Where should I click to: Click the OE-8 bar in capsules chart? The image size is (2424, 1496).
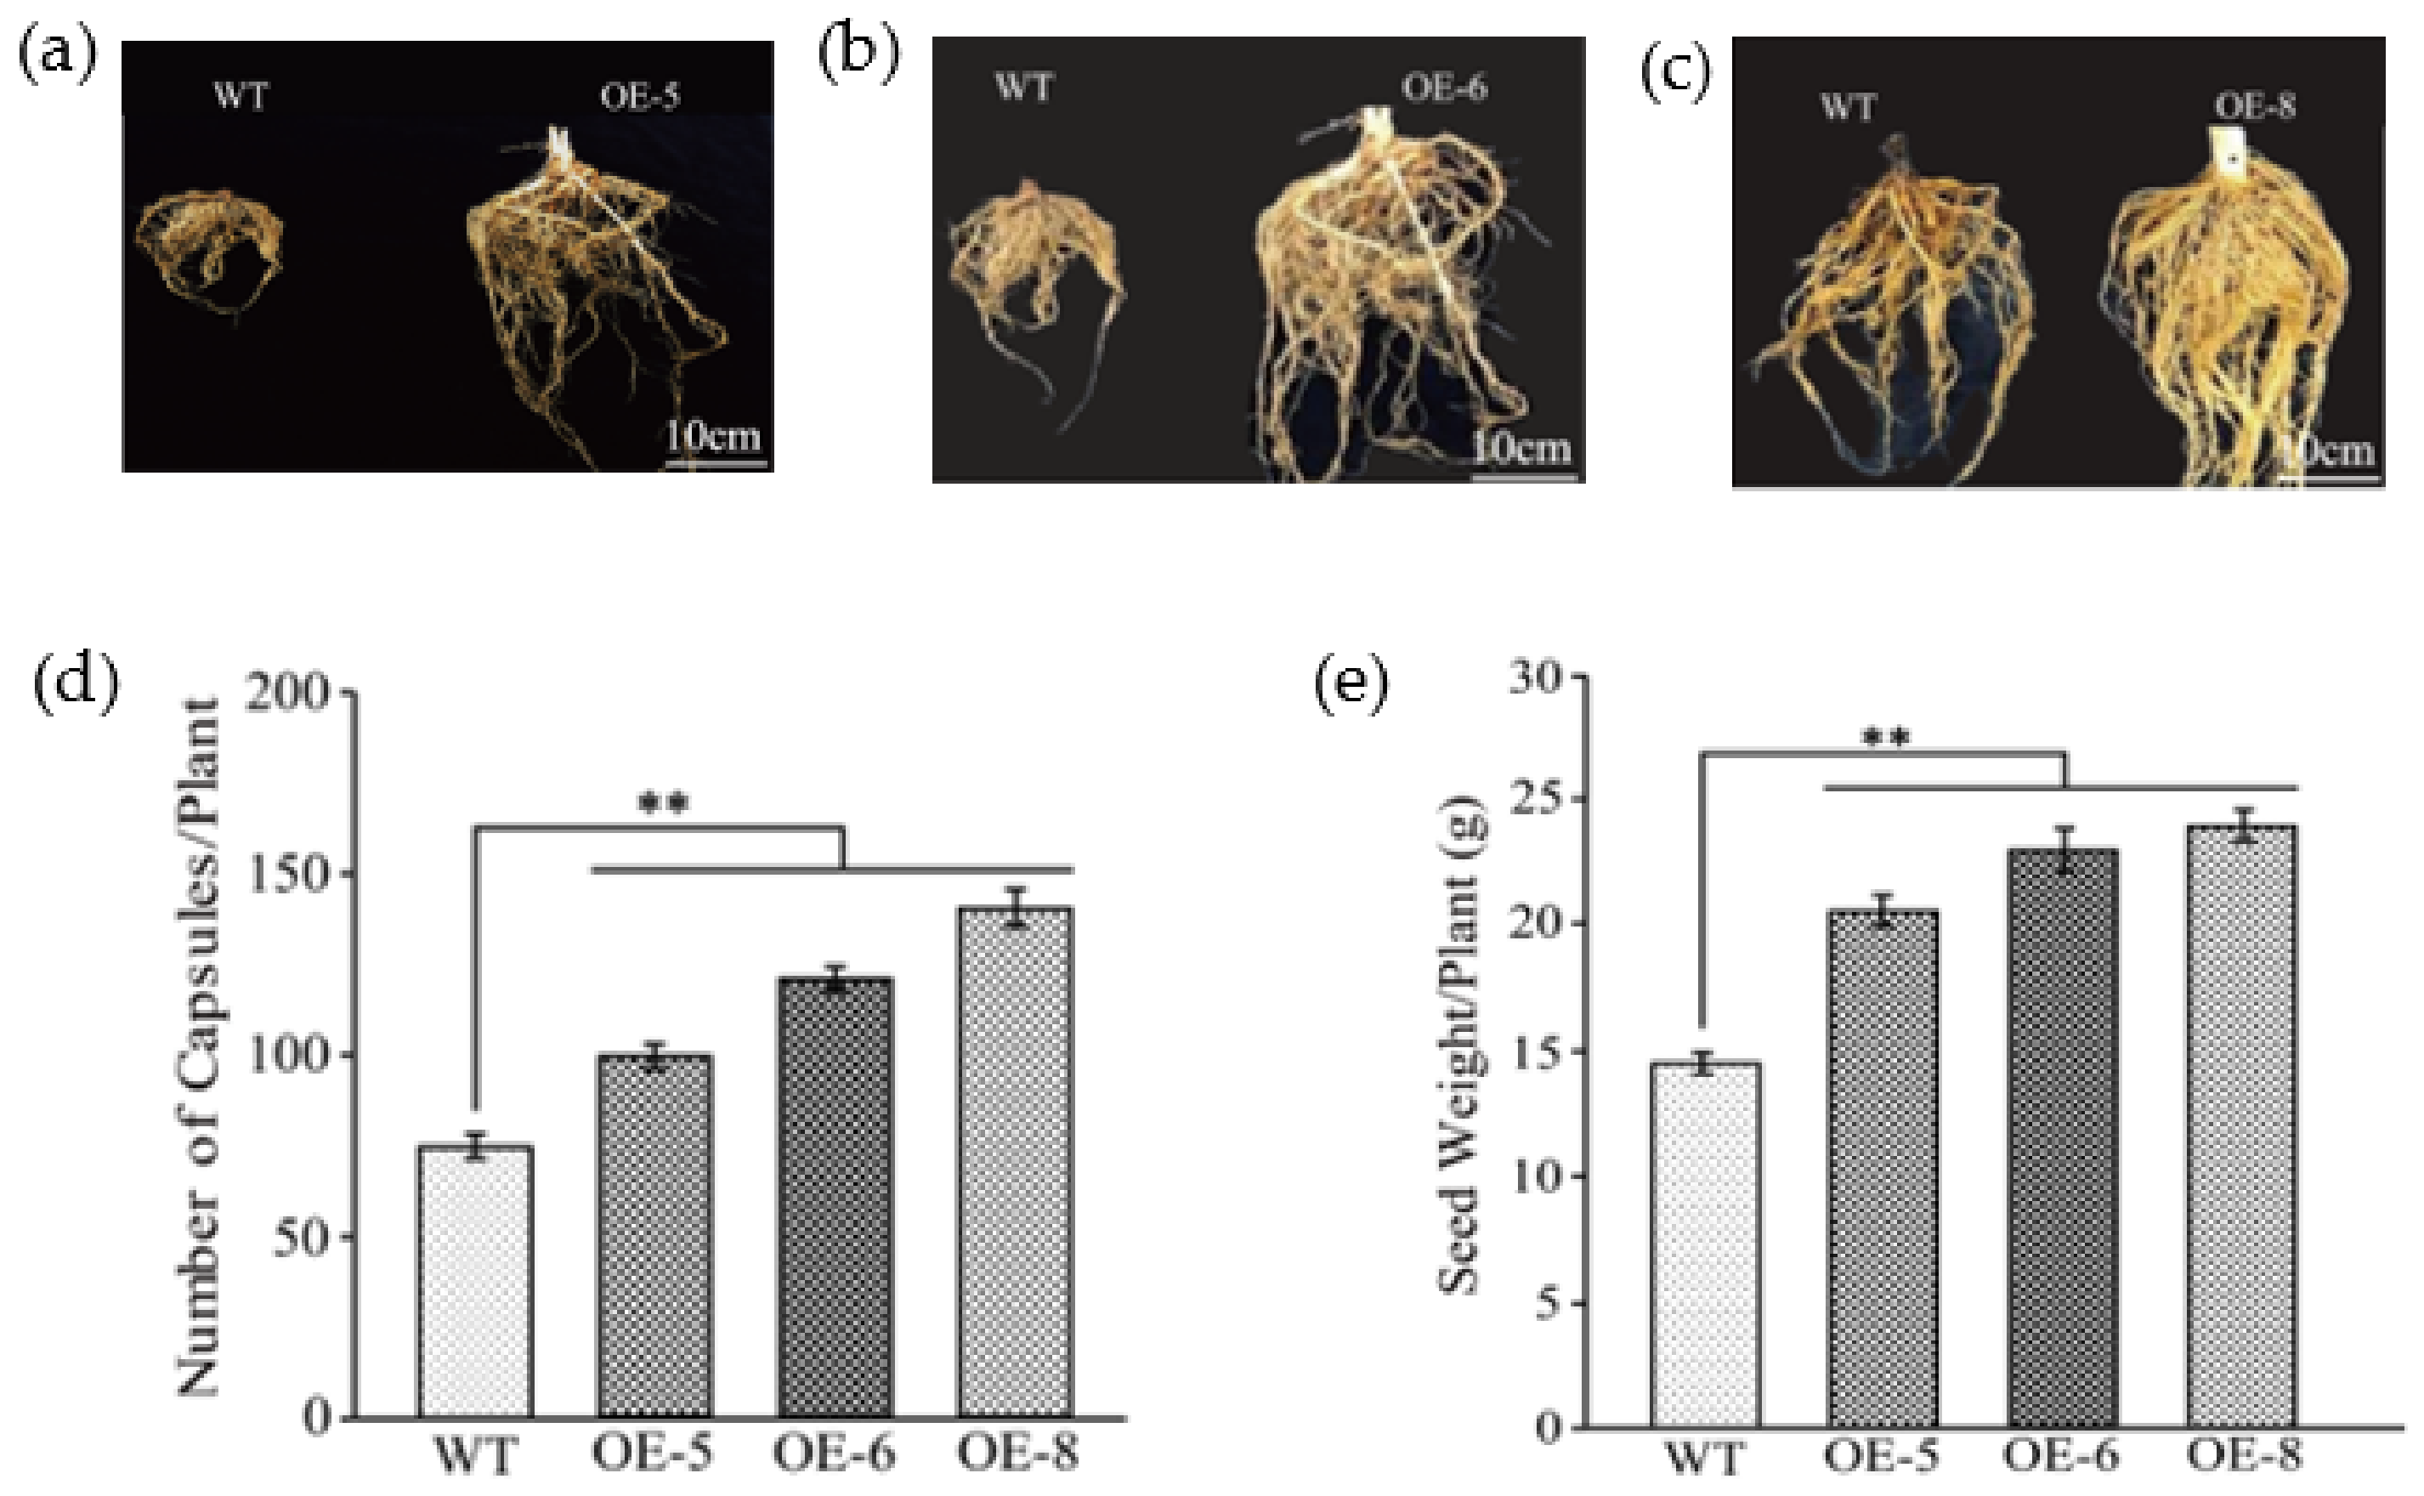1015,1163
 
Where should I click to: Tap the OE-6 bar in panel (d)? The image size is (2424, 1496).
835,1197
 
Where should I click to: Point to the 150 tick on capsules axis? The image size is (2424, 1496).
297,875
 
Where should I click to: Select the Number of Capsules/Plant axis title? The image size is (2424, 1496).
199,1049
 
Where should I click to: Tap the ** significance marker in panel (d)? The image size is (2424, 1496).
663,803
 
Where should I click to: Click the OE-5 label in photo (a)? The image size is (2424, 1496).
639,96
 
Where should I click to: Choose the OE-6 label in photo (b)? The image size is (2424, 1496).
1443,88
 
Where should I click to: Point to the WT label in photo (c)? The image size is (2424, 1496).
1847,106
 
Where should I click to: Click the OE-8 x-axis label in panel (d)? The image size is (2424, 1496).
1017,1453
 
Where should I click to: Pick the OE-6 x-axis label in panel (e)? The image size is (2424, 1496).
2061,1455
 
